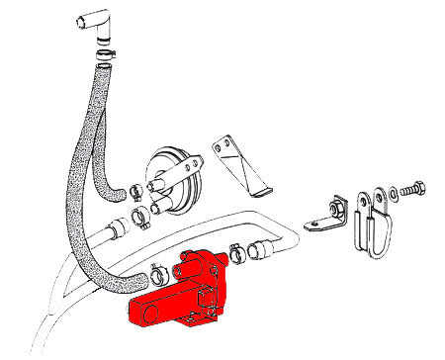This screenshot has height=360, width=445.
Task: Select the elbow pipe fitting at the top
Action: tap(95, 22)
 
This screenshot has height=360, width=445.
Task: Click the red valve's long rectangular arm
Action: tap(158, 310)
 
